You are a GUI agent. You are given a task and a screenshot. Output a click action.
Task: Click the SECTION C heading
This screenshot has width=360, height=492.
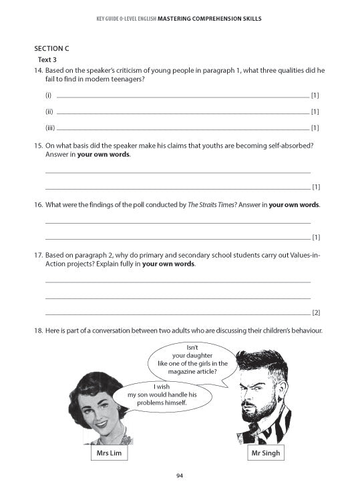click(x=51, y=49)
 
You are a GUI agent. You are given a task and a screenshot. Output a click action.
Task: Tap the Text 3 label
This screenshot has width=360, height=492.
click(x=47, y=59)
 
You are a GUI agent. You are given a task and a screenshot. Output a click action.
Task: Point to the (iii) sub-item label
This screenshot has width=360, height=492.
click(x=49, y=128)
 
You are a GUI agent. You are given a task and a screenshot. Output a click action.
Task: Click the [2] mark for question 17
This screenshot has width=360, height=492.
click(x=316, y=312)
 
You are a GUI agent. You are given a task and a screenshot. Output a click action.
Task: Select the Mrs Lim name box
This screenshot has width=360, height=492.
click(x=108, y=454)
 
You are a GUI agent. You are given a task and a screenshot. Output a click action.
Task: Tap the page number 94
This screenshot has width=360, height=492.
click(x=180, y=475)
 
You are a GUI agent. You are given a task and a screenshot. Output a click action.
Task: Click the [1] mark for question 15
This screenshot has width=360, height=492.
click(x=316, y=187)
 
